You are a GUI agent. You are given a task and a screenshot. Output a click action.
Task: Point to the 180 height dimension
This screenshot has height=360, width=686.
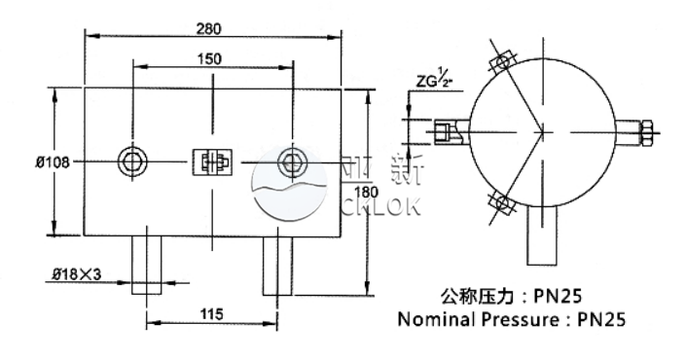(x=368, y=193)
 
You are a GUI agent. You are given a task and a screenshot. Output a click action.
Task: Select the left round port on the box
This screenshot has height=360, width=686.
(x=132, y=161)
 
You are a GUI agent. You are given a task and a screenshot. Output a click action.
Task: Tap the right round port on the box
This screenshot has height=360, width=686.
(x=290, y=161)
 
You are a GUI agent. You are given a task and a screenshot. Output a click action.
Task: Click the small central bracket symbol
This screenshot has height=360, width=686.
(x=211, y=162)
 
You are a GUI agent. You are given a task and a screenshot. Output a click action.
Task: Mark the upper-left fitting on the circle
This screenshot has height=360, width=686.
(x=502, y=60)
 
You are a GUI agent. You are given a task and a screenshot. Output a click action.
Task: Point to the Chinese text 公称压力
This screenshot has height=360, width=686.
(x=472, y=295)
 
